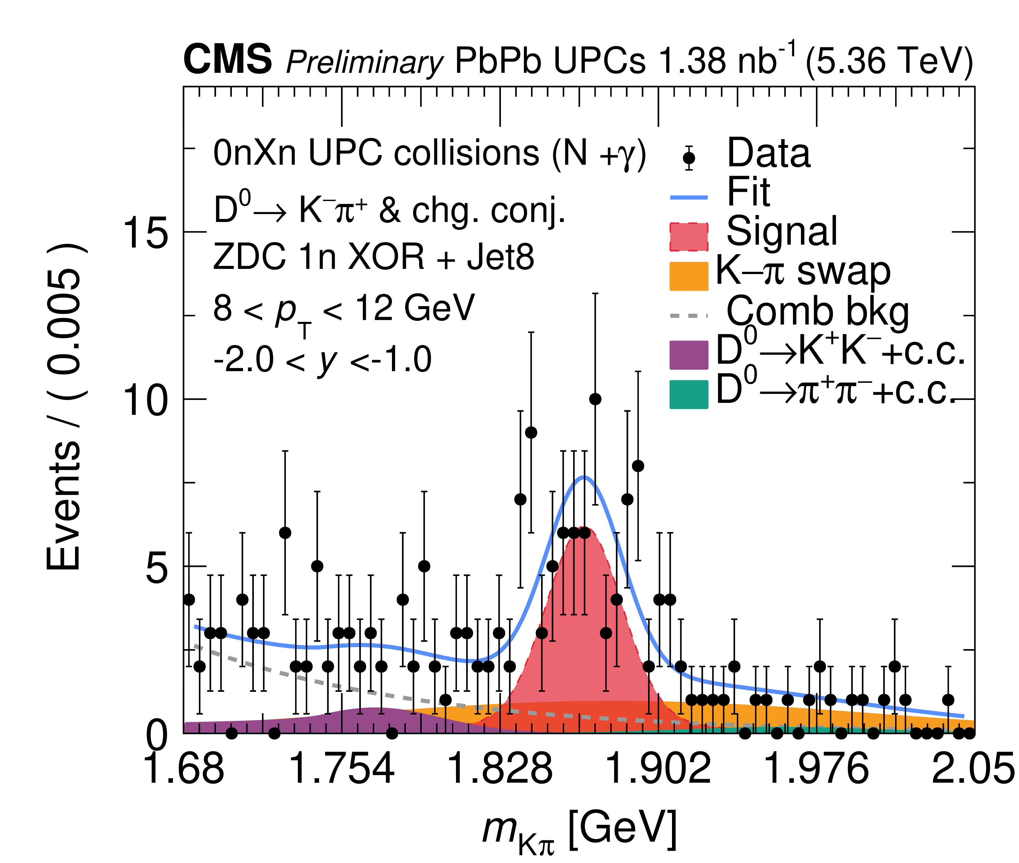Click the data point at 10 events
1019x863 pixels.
[x=595, y=399]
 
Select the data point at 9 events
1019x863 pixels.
[x=531, y=433]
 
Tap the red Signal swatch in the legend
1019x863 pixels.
[x=688, y=237]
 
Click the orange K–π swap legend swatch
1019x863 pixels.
[x=688, y=276]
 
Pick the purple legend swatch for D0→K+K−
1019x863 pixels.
[x=688, y=355]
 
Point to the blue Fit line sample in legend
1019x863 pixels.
[x=688, y=197]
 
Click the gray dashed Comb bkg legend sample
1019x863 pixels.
[x=688, y=315]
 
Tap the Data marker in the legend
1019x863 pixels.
[x=689, y=158]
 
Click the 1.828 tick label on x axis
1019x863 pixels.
[x=499, y=768]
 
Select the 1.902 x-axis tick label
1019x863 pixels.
[x=658, y=768]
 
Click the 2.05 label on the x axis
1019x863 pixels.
[x=973, y=768]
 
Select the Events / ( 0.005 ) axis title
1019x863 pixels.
[x=64, y=406]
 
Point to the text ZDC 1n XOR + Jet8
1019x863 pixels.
[x=374, y=257]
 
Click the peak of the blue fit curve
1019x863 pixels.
[x=584, y=477]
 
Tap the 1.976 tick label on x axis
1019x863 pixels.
[x=816, y=768]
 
